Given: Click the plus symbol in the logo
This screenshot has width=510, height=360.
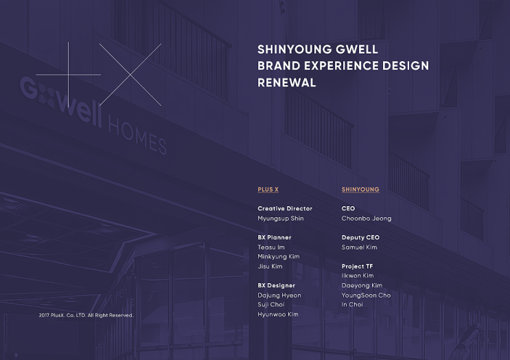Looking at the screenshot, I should pos(69,74).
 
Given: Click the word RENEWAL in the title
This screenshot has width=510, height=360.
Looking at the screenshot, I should pos(286,82).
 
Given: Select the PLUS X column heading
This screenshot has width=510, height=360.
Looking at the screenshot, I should pos(268,190).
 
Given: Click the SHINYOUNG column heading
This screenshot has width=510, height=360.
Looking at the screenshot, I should pos(360,190).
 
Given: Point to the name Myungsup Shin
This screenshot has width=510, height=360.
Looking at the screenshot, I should pos(280,218).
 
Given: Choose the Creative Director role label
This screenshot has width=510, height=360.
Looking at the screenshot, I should pos(285,209).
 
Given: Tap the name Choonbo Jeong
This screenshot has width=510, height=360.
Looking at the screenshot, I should pos(367,218).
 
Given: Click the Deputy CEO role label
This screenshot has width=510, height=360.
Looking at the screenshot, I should pos(360,238).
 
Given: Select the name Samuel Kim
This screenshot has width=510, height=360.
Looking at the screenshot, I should pos(359,247).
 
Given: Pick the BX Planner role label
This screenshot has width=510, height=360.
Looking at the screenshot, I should pos(275,238).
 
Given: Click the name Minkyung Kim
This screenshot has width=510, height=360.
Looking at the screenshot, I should pos(278,257).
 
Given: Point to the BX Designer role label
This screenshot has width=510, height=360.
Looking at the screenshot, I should pos(276,286).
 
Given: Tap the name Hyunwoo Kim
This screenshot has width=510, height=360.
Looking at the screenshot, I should pos(278,315).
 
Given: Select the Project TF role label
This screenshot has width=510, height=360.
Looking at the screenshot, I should pos(358,267).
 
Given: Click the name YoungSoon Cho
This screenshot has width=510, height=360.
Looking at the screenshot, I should pos(366,295).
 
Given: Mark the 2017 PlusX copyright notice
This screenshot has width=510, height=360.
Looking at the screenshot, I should pos(86,315).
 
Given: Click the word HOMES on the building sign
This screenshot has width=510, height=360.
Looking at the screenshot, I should pos(137,136).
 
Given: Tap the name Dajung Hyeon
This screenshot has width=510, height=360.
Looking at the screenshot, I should pos(279,295).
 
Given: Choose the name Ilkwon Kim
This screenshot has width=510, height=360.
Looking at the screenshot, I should pos(358,276).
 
